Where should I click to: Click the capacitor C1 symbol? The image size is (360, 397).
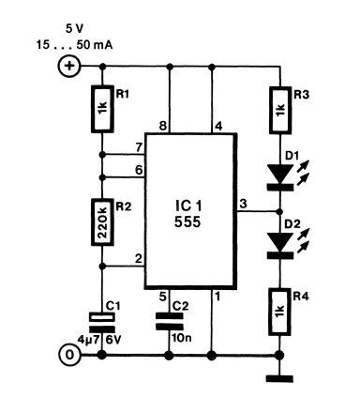[x=101, y=321]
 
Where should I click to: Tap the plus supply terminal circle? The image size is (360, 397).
[x=68, y=67]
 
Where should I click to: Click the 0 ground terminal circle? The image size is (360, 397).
[x=68, y=355]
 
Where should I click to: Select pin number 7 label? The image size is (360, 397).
[x=137, y=148]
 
